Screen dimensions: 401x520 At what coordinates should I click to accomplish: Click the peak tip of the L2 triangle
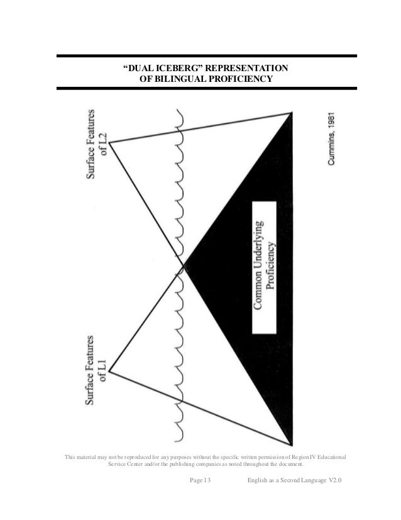pos(110,144)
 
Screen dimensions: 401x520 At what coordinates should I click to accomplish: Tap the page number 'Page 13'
pos(200,480)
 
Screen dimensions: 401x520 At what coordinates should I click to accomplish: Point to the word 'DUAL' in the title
pos(140,68)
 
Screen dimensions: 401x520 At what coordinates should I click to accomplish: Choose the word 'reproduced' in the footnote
pos(133,455)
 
